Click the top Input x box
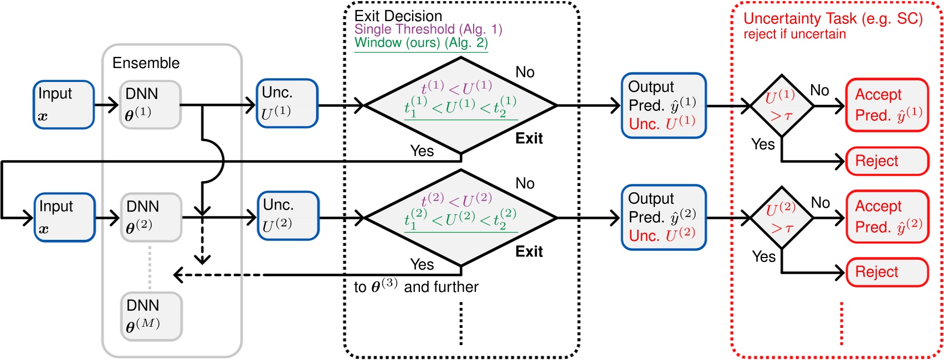[63, 105]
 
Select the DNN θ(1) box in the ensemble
[150, 105]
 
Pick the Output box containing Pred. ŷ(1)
[663, 105]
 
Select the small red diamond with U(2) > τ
[781, 218]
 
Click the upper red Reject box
[886, 161]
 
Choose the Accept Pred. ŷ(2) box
[886, 217]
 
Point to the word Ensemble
[146, 63]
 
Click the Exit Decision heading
[398, 16]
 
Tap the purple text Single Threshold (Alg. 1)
[428, 29]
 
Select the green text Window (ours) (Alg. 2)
[420, 43]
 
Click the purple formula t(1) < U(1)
[456, 88]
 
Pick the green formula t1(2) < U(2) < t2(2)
[460, 219]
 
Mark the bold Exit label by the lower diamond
[529, 251]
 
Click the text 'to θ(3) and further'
[415, 286]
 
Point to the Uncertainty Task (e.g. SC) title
[833, 19]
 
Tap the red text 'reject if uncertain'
[794, 34]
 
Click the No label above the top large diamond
[525, 72]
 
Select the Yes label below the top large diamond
[422, 151]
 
